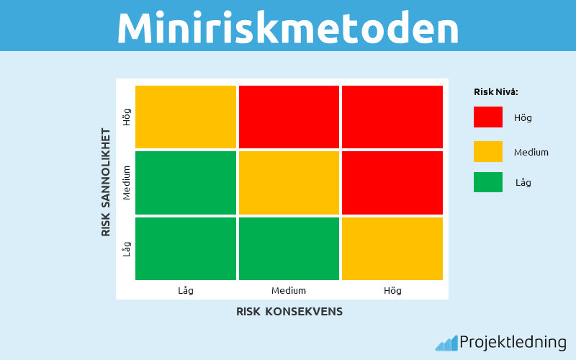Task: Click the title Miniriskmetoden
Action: click(x=288, y=27)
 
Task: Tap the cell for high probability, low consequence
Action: click(x=186, y=117)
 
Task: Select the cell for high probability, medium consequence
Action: click(x=289, y=117)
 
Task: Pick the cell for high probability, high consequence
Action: click(x=392, y=117)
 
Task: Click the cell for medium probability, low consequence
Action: click(x=186, y=183)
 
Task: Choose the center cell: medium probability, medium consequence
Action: click(x=289, y=183)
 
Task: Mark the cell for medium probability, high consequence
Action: click(x=392, y=183)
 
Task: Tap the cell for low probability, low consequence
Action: click(x=186, y=248)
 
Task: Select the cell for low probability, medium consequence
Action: click(x=289, y=248)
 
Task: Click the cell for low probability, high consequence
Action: click(x=392, y=248)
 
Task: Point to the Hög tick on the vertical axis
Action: click(x=127, y=117)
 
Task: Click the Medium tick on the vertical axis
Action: click(x=127, y=183)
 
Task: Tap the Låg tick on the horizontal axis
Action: click(x=186, y=291)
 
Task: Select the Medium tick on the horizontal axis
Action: click(x=289, y=291)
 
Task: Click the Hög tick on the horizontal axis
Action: click(x=392, y=291)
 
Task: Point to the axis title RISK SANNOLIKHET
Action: click(x=106, y=182)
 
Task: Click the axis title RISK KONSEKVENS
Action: click(x=289, y=312)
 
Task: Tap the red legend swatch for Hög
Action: click(x=488, y=117)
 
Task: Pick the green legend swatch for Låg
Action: click(x=488, y=182)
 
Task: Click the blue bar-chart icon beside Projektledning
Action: click(x=446, y=343)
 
